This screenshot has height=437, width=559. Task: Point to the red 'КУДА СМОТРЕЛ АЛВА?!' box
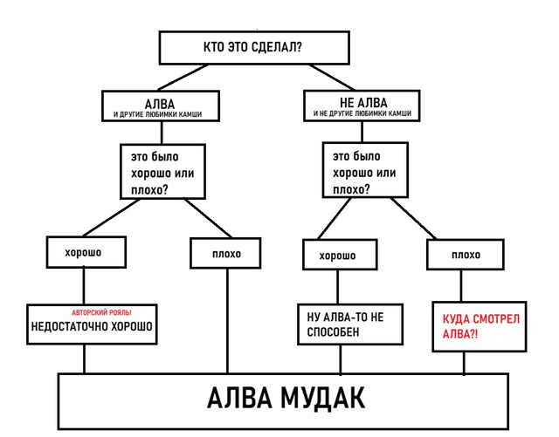coord(480,326)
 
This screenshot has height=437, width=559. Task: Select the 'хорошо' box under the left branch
coord(83,252)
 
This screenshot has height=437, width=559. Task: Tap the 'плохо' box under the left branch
coord(227,254)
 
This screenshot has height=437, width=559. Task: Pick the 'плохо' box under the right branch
coord(466,255)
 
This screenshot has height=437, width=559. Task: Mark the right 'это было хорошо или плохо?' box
coord(364,172)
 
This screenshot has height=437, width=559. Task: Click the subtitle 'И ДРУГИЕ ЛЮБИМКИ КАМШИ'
coord(159,114)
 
